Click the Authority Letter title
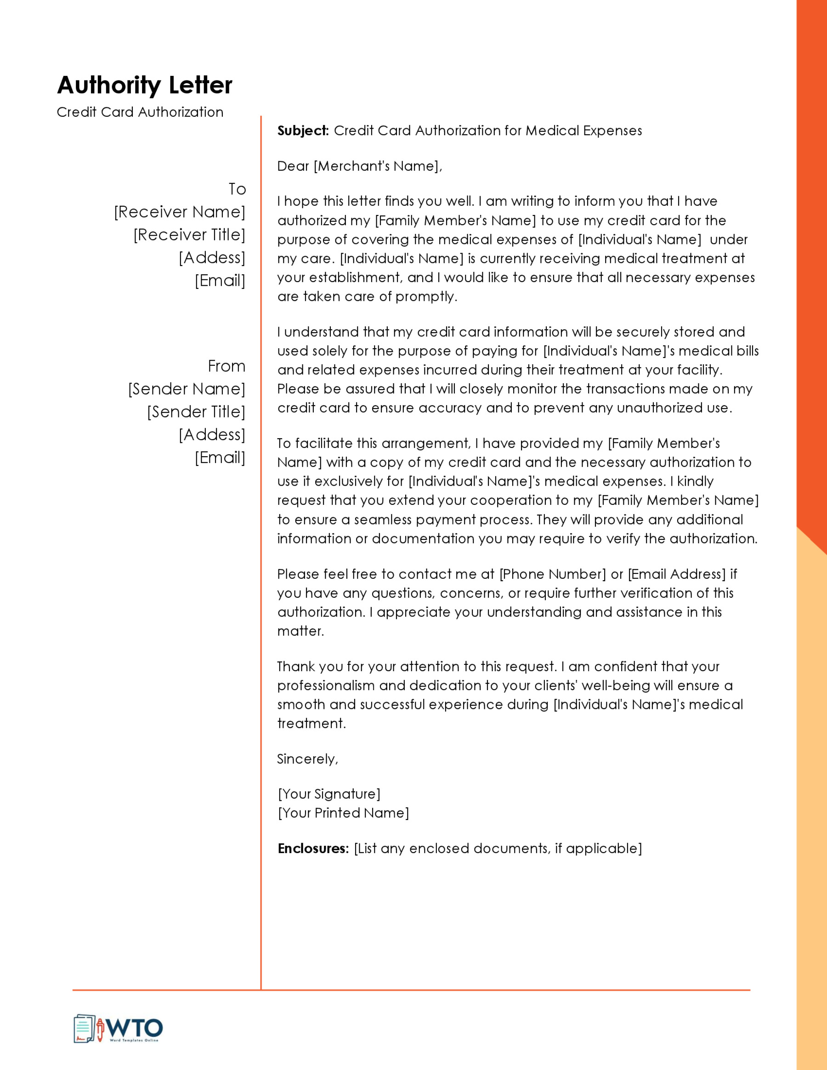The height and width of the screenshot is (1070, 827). [x=145, y=85]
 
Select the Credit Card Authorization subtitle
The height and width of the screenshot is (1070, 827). [x=140, y=112]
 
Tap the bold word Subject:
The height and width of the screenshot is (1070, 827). [x=303, y=131]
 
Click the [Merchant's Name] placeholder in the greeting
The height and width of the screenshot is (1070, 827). [x=377, y=166]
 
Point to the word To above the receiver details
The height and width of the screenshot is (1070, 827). [x=237, y=189]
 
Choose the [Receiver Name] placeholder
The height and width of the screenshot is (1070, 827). [x=180, y=212]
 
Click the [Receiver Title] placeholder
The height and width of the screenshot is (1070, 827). [x=189, y=235]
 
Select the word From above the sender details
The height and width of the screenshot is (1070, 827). [x=227, y=366]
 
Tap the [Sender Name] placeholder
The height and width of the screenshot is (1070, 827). [x=187, y=389]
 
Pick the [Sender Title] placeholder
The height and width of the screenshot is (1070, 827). [x=196, y=412]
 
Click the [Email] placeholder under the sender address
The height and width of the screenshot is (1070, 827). [x=220, y=458]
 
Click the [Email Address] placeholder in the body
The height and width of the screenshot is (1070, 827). [x=677, y=574]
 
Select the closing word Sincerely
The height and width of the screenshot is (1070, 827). [x=307, y=759]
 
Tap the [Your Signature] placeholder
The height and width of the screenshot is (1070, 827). [x=329, y=794]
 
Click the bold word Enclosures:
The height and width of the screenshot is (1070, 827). [x=313, y=849]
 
